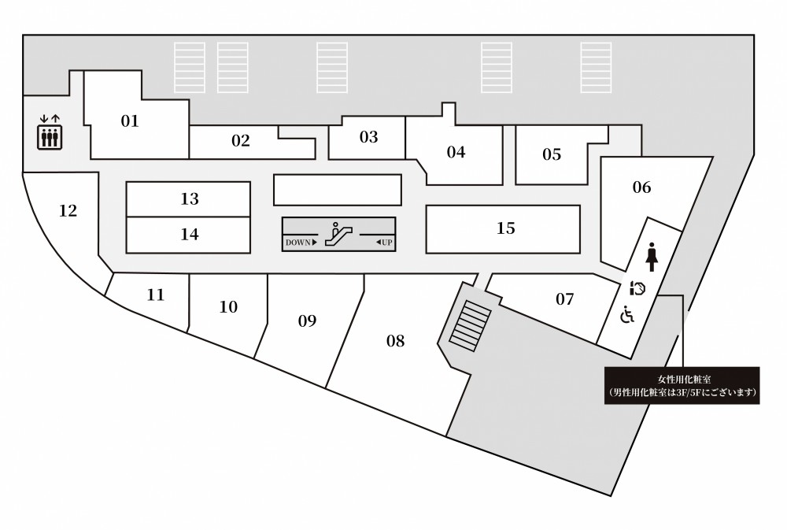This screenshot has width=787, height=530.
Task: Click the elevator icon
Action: click(x=49, y=132)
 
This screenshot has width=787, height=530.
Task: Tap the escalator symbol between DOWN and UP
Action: click(x=338, y=234)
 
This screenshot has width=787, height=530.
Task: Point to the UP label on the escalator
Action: click(x=384, y=243)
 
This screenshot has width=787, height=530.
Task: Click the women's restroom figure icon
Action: click(x=652, y=257)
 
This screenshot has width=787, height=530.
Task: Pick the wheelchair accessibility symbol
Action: click(x=627, y=314)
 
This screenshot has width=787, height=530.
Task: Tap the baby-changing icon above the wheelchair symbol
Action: click(x=637, y=288)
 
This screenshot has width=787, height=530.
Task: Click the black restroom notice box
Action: click(x=682, y=386)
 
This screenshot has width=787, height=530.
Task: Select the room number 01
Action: click(x=130, y=121)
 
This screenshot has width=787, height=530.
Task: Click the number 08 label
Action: click(x=396, y=341)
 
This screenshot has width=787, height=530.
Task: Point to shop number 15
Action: click(x=506, y=228)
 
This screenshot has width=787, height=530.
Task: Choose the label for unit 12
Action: click(x=68, y=210)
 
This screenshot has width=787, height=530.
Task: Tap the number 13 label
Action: click(x=190, y=199)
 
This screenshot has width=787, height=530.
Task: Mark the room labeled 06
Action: click(x=641, y=187)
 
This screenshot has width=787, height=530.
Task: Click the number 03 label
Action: click(x=368, y=137)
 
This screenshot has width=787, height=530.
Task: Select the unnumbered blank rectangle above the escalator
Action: click(x=338, y=190)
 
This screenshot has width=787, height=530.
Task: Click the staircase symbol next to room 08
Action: click(x=470, y=325)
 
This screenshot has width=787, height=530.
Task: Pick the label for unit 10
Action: click(x=228, y=307)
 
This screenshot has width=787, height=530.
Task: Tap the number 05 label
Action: click(x=552, y=154)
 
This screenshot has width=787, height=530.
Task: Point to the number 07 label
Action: click(x=564, y=299)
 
